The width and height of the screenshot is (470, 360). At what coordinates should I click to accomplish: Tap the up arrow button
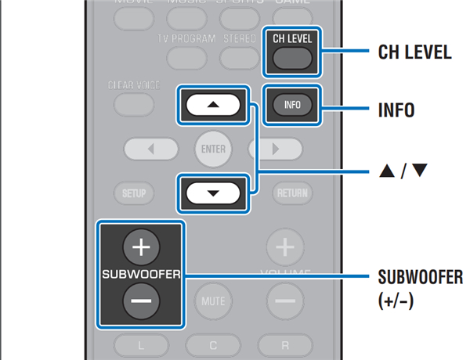[x=213, y=104]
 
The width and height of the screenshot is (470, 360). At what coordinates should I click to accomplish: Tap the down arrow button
[x=213, y=192]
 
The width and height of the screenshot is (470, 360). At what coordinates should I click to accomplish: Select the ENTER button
[x=212, y=148]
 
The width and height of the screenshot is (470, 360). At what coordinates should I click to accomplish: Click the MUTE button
[x=212, y=301]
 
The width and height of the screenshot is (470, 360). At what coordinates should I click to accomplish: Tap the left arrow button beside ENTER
[x=149, y=148]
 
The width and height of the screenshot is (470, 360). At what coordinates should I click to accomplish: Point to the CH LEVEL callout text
[x=414, y=53]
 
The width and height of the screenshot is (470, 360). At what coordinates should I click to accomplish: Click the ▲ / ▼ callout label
[x=404, y=168]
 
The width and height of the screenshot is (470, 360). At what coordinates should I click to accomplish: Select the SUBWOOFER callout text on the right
[x=420, y=278]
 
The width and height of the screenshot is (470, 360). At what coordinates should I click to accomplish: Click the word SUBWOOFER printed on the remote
[x=141, y=275]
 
